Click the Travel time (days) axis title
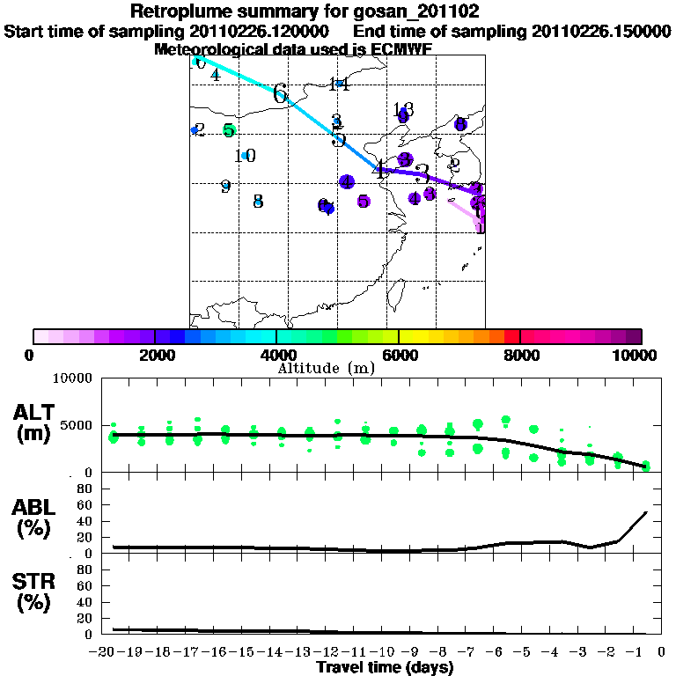[385, 668]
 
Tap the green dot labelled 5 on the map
[229, 130]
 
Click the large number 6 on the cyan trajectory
[281, 93]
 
